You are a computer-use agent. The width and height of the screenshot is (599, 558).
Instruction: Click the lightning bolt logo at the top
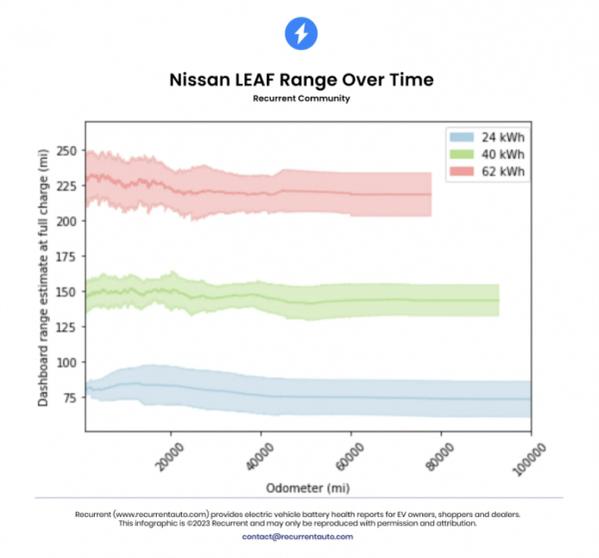[299, 34]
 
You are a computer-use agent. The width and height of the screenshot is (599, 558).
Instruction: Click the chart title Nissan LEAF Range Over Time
[299, 80]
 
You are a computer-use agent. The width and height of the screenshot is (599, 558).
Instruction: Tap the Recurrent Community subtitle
[299, 99]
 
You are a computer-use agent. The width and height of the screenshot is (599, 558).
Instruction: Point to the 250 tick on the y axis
[66, 151]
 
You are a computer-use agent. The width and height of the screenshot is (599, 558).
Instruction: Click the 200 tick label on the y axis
[66, 221]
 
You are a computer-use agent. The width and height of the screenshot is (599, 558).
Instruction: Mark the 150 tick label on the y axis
[66, 291]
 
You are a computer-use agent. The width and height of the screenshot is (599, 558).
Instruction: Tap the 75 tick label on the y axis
[69, 398]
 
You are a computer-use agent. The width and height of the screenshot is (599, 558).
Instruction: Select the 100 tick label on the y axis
[66, 362]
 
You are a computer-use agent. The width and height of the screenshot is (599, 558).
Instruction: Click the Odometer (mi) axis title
[307, 488]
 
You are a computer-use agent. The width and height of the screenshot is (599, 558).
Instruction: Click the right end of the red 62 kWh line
[430, 195]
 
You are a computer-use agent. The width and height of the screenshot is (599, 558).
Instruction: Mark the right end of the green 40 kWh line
[497, 300]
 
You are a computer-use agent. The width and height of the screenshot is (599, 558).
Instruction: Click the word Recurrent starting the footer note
[92, 514]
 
